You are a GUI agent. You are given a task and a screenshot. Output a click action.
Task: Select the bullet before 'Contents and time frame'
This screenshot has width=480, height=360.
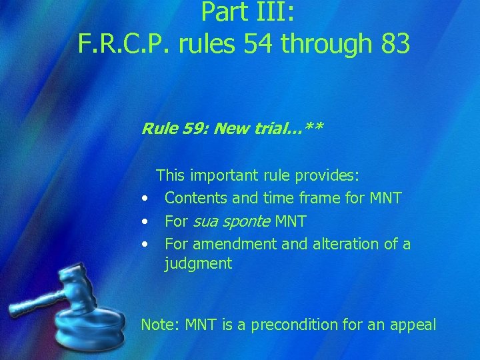144,199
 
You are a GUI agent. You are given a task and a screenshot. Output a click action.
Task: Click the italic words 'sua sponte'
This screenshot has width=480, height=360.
231,221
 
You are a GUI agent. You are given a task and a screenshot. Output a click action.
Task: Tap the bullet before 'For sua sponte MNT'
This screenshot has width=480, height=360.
144,221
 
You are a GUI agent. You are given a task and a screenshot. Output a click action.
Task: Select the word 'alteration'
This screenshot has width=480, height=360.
339,243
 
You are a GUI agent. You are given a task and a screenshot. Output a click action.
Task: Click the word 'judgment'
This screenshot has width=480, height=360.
198,264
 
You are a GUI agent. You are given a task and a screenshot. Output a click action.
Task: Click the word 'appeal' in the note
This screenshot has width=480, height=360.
414,325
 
